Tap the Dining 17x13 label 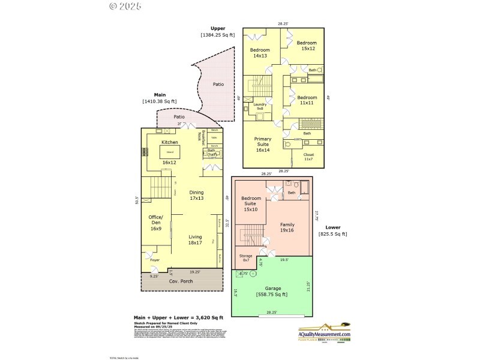click(196, 195)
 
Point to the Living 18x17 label click(195, 240)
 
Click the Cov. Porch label click(180, 281)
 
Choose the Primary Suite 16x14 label click(262, 145)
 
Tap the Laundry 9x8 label click(260, 106)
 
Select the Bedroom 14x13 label click(259, 53)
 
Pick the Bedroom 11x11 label click(307, 100)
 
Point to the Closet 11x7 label click(308, 157)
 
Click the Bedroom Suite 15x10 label click(251, 203)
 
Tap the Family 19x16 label click(287, 227)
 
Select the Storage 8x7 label click(246, 258)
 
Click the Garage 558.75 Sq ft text click(272, 291)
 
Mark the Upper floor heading click(217, 28)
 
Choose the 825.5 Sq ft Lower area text click(332, 234)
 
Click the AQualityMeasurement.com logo click(325, 333)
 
